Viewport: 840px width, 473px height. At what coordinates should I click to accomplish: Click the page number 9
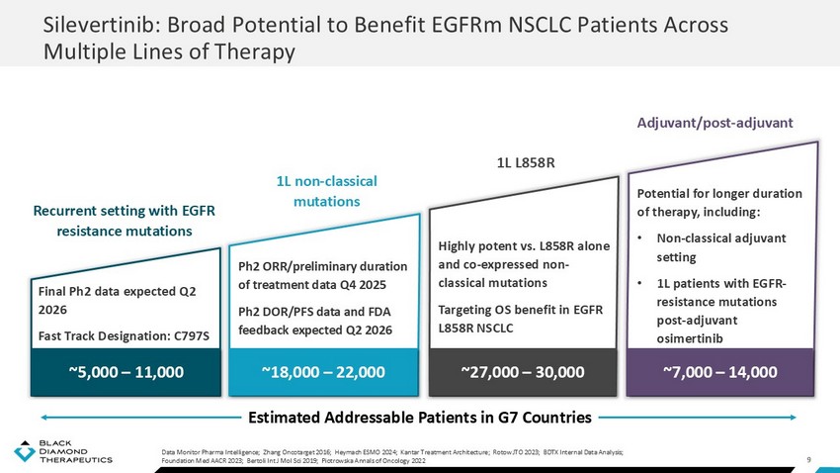[x=809, y=457]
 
